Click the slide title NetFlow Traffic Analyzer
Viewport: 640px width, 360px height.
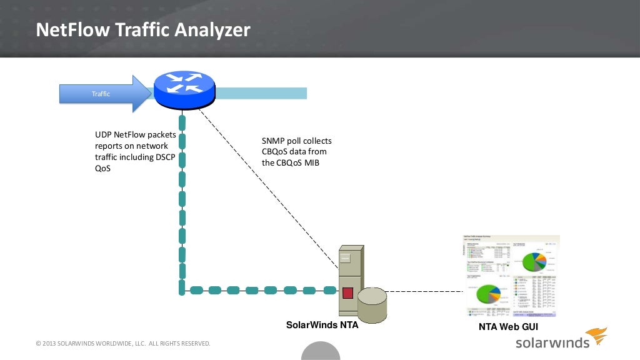[142, 30]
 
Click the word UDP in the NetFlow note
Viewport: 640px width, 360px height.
[103, 134]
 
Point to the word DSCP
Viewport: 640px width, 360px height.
[165, 157]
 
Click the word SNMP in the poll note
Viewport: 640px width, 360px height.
[273, 141]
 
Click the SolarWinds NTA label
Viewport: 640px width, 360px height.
[322, 325]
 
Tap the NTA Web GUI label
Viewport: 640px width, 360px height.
[508, 327]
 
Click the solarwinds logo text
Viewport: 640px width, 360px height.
[552, 342]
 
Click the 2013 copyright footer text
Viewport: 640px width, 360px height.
[123, 344]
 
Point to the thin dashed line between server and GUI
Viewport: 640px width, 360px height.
[425, 291]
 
